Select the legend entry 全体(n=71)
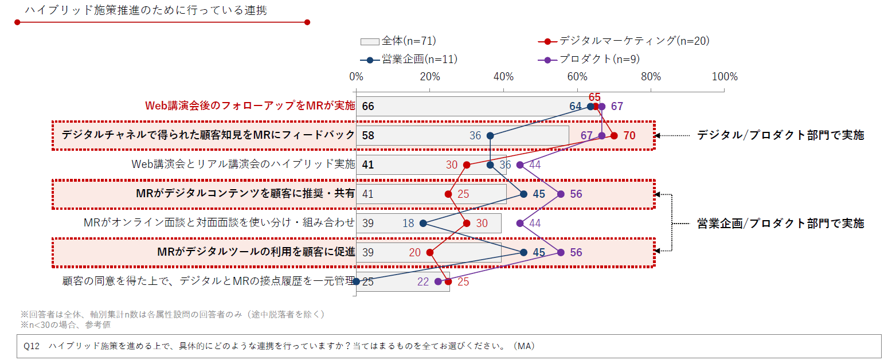click(x=398, y=41)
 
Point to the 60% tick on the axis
click(x=577, y=77)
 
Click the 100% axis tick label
click(x=724, y=77)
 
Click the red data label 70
click(x=629, y=136)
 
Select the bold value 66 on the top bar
click(x=368, y=107)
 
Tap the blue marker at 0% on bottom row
click(x=356, y=281)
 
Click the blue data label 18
click(x=408, y=223)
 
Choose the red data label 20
click(x=414, y=252)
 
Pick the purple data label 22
click(x=423, y=281)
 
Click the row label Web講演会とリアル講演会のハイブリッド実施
click(x=243, y=165)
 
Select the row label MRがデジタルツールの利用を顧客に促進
click(x=256, y=252)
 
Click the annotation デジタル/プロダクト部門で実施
click(x=780, y=135)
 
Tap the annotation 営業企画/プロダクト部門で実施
click(x=780, y=224)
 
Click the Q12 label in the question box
click(x=31, y=346)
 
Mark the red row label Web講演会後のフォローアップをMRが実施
click(x=249, y=106)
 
